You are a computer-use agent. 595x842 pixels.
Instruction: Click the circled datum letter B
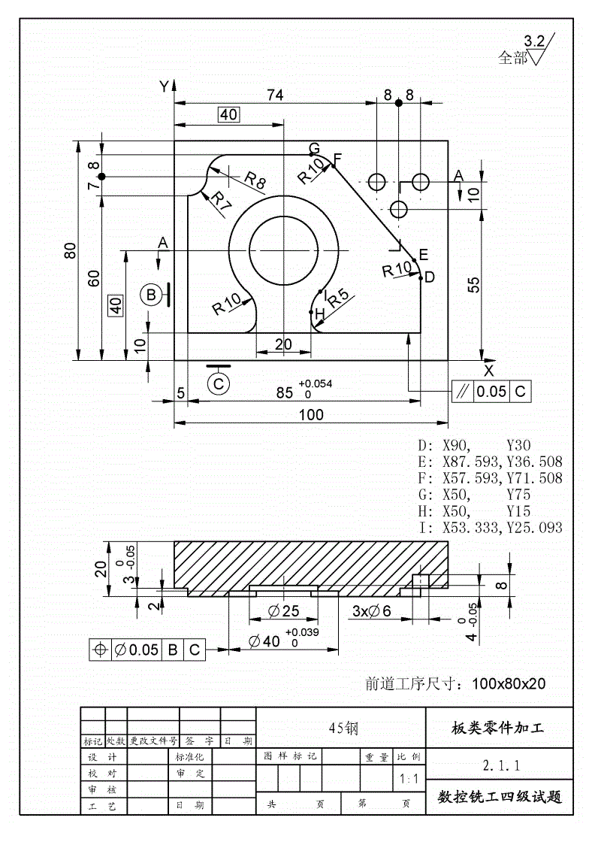click(x=152, y=295)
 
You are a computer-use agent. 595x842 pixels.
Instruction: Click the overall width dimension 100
click(x=311, y=414)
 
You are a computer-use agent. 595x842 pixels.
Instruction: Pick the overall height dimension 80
click(x=71, y=250)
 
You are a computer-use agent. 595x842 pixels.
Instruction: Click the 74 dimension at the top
click(x=276, y=95)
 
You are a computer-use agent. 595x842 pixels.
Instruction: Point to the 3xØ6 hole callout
click(x=372, y=611)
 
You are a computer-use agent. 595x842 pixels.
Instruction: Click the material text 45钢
click(x=343, y=727)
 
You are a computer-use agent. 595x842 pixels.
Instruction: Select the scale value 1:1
click(x=410, y=780)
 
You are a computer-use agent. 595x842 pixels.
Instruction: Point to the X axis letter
click(x=489, y=371)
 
